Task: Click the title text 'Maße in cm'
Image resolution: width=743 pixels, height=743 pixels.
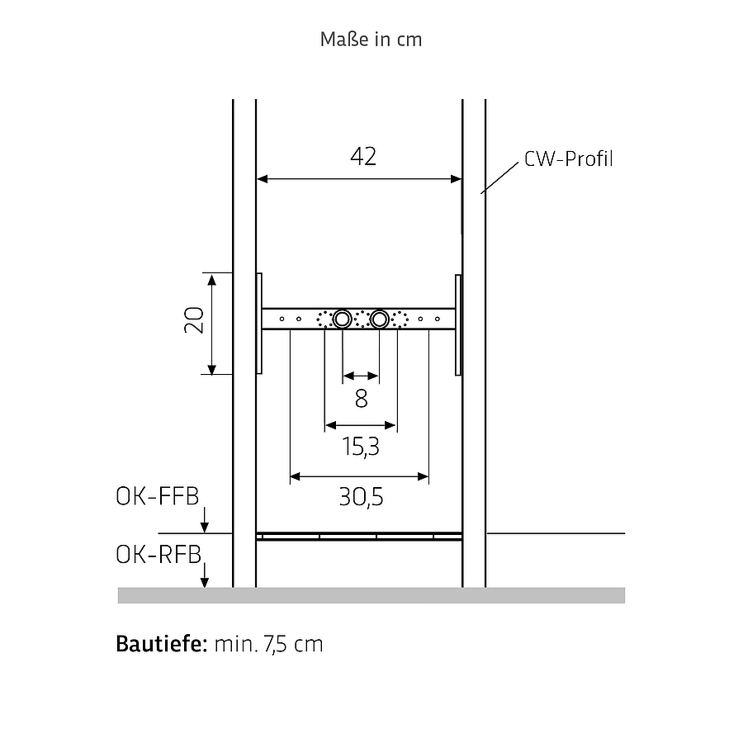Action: pos(371,40)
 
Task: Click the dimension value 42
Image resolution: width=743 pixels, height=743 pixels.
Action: pos(363,156)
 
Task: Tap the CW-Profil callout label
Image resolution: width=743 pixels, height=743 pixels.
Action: pos(569,159)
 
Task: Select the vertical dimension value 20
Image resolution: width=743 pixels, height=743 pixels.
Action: pos(194,320)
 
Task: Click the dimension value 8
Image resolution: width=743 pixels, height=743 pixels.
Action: pos(361,399)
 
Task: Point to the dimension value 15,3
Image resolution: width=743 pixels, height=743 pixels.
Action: pos(361,447)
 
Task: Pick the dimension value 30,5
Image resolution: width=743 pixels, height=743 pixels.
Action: pos(361,497)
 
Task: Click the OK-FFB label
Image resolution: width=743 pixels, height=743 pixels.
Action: pos(158,497)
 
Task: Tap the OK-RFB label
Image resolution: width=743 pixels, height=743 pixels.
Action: pos(159,555)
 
